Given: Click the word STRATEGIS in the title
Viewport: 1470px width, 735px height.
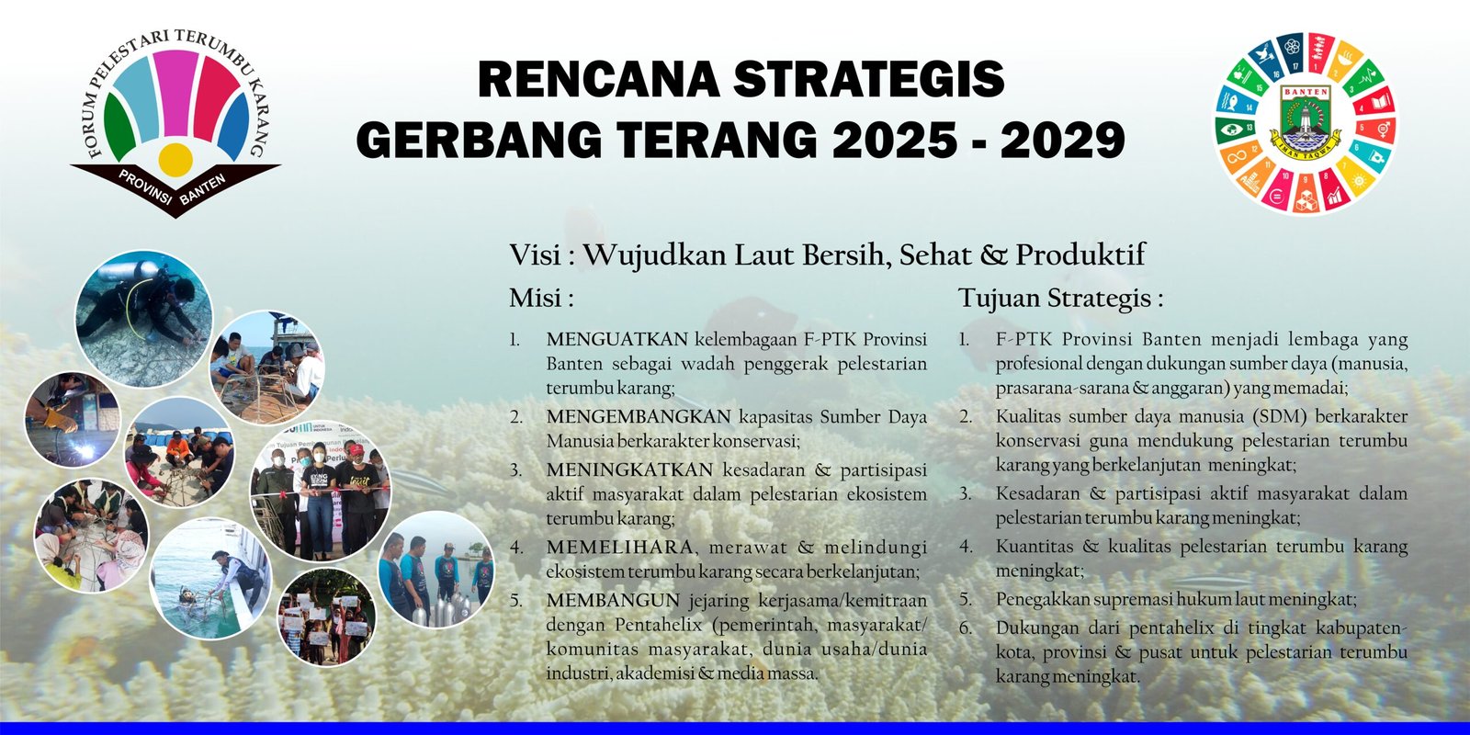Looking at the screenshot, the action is click(869, 79).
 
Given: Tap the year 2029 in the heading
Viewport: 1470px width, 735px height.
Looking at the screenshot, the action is click(1062, 139).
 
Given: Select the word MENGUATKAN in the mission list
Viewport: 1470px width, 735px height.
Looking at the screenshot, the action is click(616, 339).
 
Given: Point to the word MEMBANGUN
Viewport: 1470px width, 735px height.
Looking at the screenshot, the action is click(613, 600).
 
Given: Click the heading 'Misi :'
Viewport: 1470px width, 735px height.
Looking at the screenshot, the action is click(541, 298).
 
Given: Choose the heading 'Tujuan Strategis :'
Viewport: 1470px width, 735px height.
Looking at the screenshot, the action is click(1060, 299).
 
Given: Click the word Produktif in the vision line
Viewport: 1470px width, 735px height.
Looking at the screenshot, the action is click(1080, 254).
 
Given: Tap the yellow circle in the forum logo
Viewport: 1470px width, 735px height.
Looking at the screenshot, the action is click(175, 160).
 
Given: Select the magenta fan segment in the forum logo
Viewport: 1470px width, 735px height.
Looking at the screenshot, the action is click(175, 92).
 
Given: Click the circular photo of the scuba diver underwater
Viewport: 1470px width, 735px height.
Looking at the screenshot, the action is click(143, 319).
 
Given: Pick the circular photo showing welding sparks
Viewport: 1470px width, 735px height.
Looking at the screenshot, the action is click(73, 420).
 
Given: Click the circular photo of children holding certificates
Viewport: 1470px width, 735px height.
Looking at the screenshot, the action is click(327, 616).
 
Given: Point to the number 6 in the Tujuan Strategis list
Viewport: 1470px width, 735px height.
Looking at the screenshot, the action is click(965, 628).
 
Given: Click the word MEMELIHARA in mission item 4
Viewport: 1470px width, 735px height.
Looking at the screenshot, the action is click(619, 547).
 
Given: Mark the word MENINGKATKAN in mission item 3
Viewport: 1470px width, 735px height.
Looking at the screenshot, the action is click(629, 469).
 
